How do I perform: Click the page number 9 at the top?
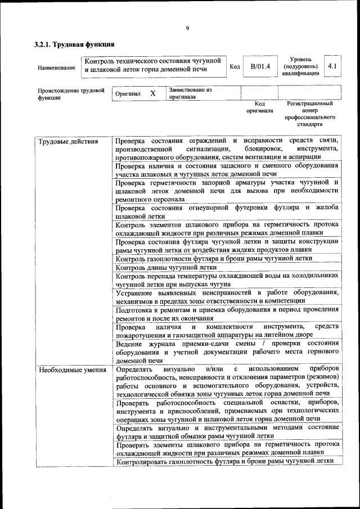click(187, 29)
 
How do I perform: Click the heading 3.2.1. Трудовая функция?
click(75, 44)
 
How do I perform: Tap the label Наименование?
click(56, 67)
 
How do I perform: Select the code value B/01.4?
click(260, 66)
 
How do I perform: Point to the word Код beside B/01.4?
click(235, 67)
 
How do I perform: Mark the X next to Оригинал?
click(152, 93)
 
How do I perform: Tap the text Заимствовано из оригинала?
click(190, 93)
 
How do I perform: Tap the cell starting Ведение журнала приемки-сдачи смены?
click(227, 352)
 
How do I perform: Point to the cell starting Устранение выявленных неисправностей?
click(227, 296)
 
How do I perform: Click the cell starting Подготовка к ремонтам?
click(227, 314)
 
